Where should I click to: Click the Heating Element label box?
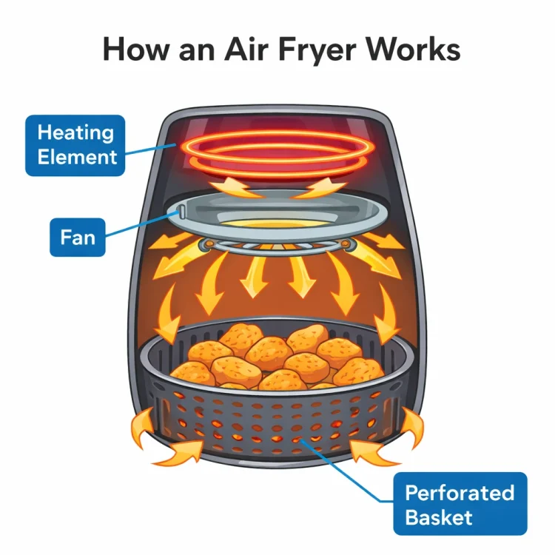click(x=75, y=145)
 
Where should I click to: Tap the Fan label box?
click(x=78, y=237)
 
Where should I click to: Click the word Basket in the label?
click(x=439, y=517)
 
